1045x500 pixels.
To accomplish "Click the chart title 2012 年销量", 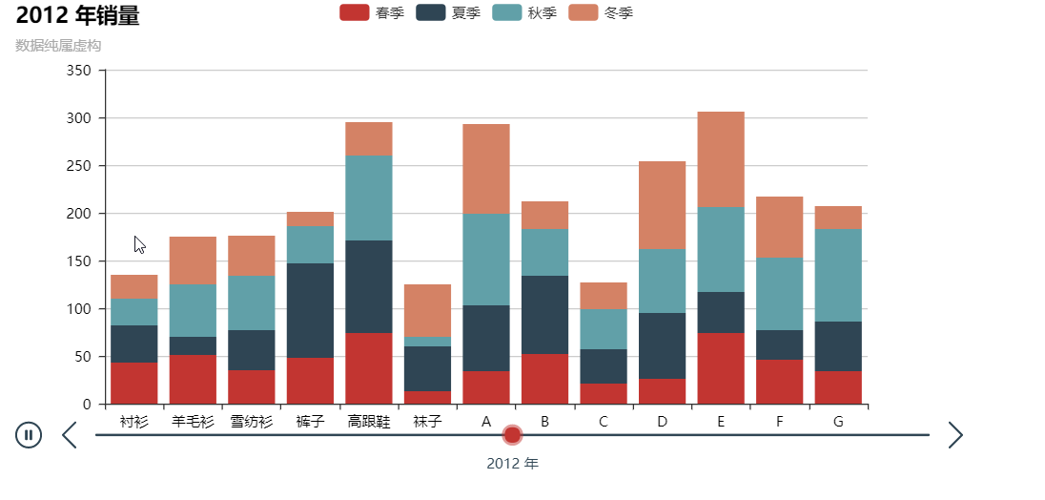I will (77, 15).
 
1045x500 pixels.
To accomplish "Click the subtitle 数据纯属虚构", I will (58, 45).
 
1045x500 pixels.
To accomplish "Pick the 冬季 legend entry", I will (600, 12).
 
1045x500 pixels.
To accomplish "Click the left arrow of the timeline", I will (69, 435).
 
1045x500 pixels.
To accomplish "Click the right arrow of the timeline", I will (955, 435).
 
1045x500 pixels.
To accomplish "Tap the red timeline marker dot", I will (512, 435).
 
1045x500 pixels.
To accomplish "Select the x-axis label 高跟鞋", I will (369, 422).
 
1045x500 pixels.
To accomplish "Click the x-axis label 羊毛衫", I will (194, 422).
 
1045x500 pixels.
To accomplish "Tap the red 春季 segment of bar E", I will (721, 368).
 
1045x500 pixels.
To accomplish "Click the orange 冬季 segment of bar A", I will (486, 169).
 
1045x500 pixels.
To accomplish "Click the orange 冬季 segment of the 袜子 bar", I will (427, 310).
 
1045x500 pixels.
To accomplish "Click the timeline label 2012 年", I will (512, 464).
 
